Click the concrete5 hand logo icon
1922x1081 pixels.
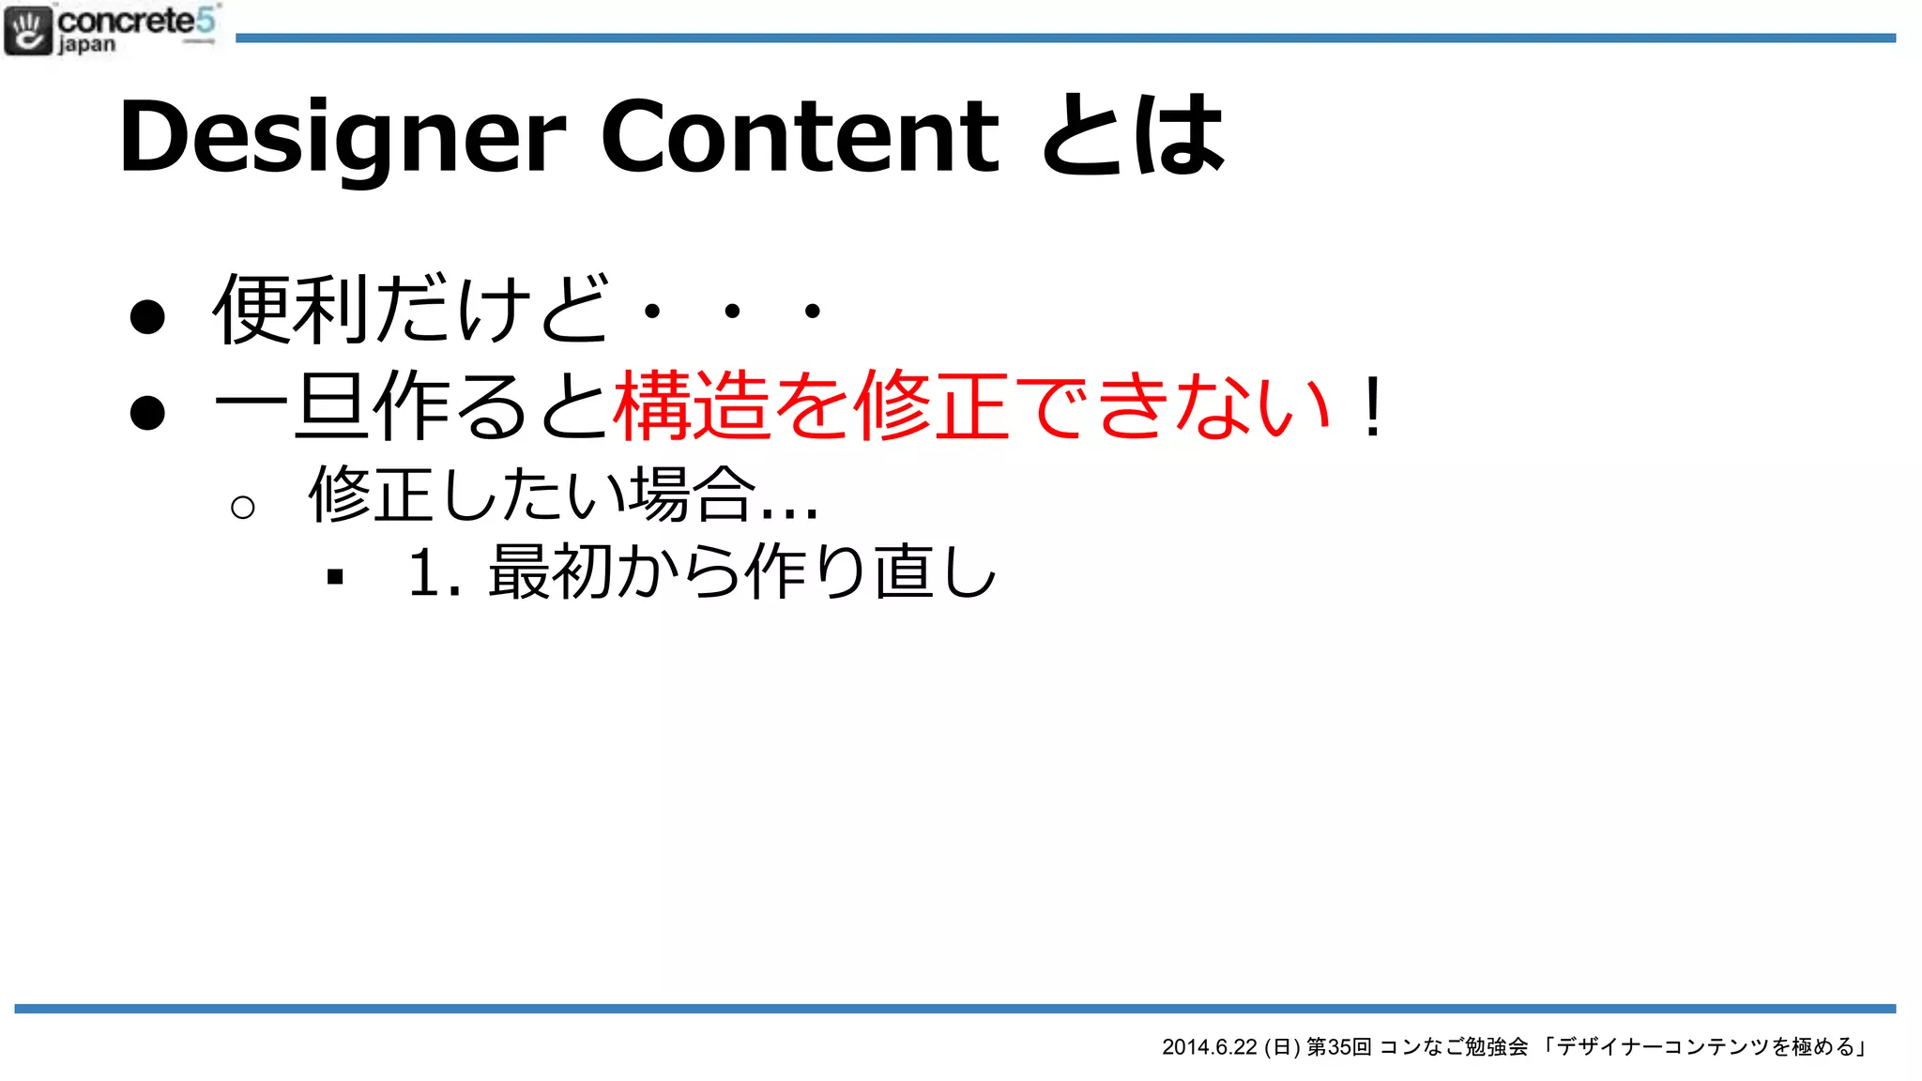coord(28,29)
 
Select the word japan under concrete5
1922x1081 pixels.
coord(86,45)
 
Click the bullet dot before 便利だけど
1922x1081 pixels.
coord(147,316)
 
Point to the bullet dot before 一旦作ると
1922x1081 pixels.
coord(147,412)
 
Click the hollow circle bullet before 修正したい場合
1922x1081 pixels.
coord(242,508)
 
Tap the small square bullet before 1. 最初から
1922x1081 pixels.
coord(335,577)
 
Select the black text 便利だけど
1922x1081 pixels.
coord(411,309)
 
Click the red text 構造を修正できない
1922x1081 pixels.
coord(970,405)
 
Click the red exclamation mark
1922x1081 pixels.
coord(1372,407)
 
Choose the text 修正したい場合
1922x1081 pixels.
coord(533,495)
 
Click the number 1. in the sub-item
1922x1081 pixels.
coord(435,572)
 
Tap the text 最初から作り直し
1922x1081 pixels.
coord(741,572)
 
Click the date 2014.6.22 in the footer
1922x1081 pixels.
coord(1209,1047)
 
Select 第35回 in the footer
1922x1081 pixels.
coord(1338,1047)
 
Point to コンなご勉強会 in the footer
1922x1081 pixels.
coord(1453,1047)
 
